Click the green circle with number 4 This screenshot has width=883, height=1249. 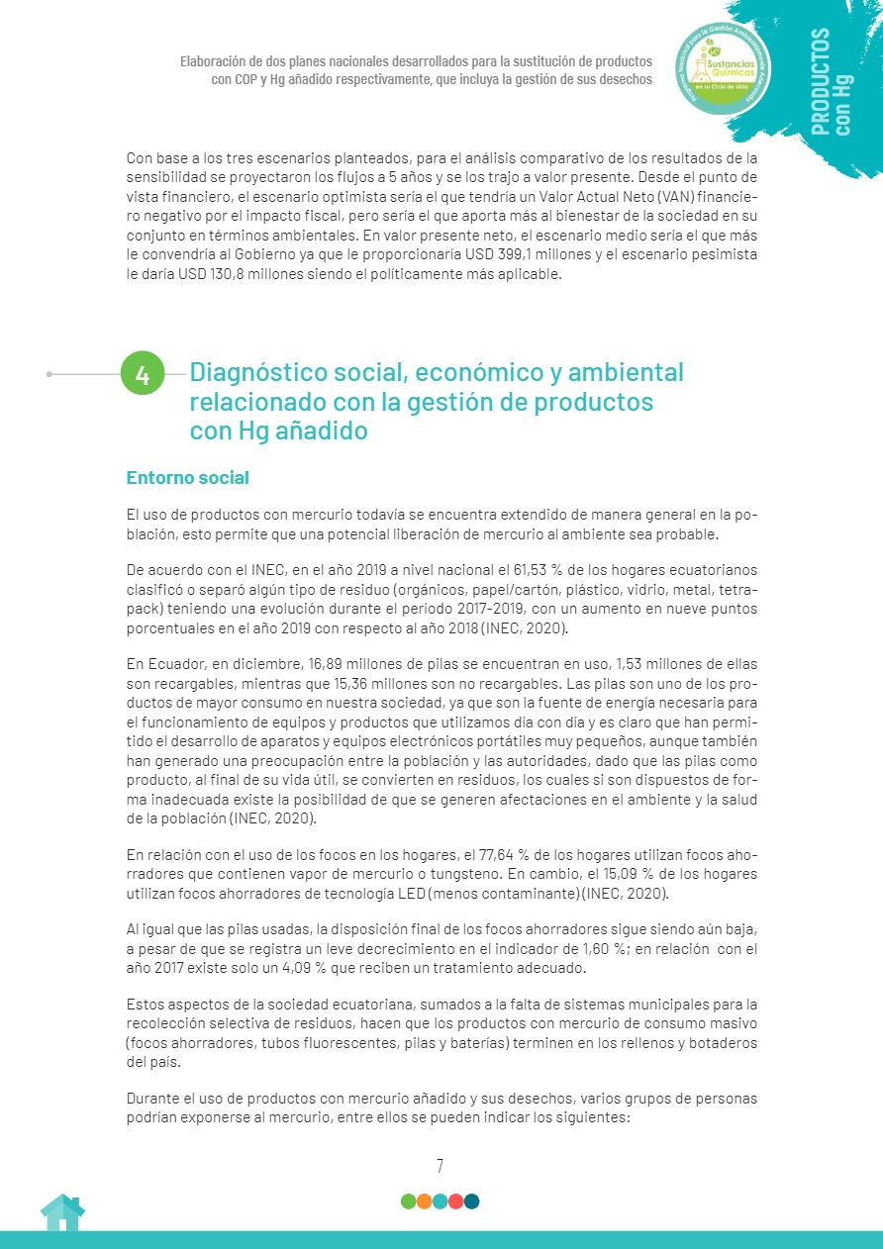click(x=143, y=375)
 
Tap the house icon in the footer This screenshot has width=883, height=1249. click(x=62, y=1212)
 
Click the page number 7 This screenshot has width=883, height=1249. click(x=440, y=1166)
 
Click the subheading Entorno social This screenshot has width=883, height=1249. click(x=187, y=478)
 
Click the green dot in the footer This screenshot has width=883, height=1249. click(x=408, y=1201)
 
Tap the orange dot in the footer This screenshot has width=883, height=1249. click(x=424, y=1201)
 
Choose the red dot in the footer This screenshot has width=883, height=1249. click(x=455, y=1201)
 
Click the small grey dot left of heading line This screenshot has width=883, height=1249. click(x=49, y=374)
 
